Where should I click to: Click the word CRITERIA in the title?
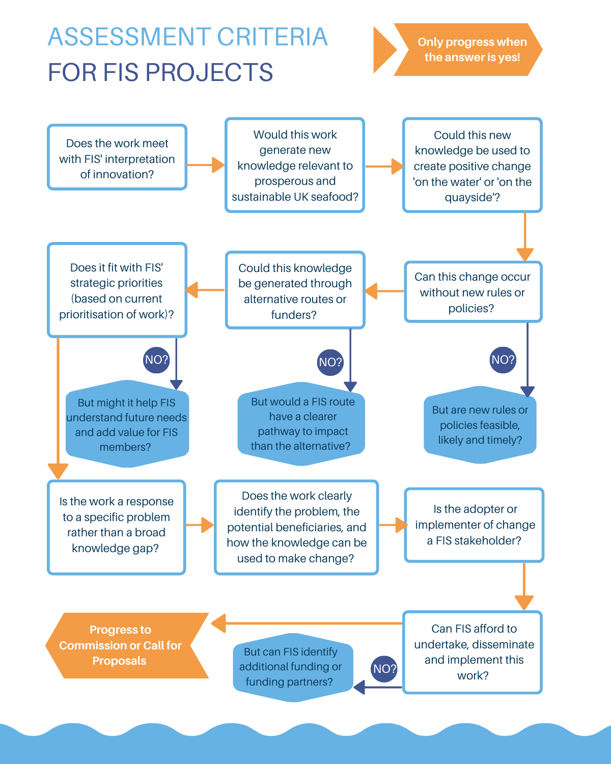click(272, 37)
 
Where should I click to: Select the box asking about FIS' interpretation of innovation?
click(117, 157)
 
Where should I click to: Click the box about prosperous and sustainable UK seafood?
click(295, 165)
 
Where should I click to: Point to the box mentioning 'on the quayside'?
click(472, 165)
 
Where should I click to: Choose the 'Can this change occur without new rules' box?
click(473, 292)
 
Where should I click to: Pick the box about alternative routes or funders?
click(295, 290)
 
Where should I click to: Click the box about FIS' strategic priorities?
click(117, 290)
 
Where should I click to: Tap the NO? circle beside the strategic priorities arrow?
click(156, 360)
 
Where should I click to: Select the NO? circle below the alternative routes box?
click(330, 363)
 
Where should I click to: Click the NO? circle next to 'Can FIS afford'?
click(384, 669)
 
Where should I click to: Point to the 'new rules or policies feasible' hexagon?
click(480, 425)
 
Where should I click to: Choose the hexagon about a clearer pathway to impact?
click(301, 424)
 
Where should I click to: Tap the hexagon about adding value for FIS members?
click(127, 424)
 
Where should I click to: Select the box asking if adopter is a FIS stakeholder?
click(474, 525)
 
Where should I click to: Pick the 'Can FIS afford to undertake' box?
click(472, 652)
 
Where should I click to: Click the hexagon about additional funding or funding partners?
click(293, 667)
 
